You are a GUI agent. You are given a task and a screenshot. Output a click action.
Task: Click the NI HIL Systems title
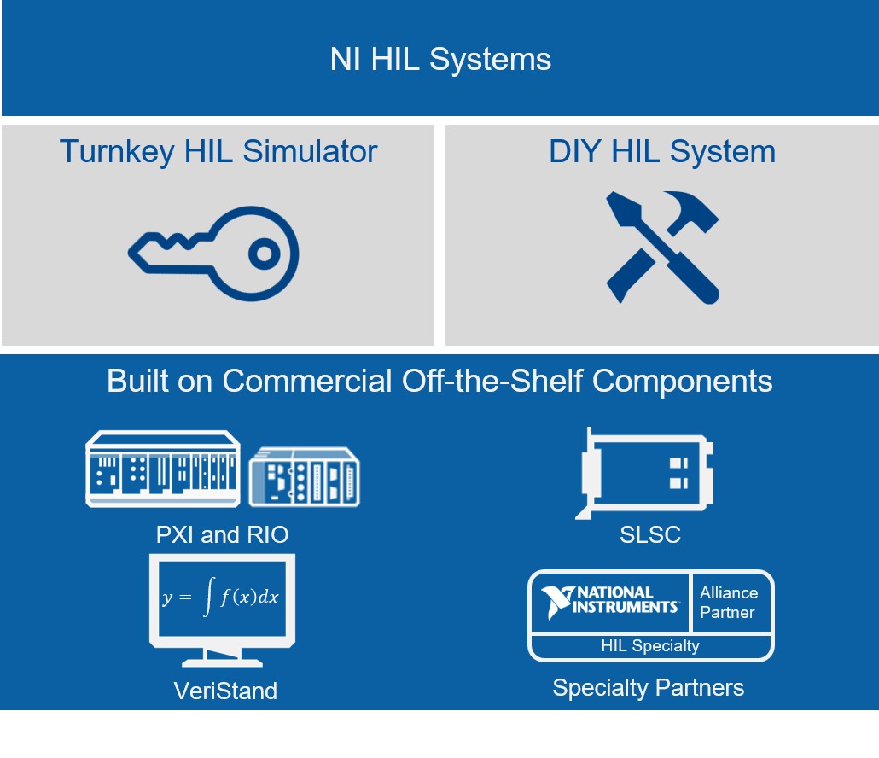click(440, 60)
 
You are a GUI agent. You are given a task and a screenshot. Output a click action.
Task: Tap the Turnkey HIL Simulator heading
click(218, 151)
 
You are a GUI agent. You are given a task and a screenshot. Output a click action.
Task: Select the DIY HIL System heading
click(662, 151)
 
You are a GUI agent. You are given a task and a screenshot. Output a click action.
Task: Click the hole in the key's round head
click(264, 254)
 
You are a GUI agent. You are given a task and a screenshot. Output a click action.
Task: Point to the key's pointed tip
click(131, 253)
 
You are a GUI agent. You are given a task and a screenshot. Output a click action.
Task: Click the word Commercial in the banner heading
click(306, 382)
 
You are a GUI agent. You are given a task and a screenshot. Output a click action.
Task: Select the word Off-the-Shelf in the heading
click(492, 382)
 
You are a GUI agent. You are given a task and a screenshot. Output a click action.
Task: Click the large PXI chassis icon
click(162, 469)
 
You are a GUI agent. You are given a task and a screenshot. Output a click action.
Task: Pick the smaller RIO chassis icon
click(304, 477)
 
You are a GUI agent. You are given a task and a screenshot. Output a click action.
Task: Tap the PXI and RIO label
click(222, 535)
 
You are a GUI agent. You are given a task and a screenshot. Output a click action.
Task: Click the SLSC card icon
click(644, 473)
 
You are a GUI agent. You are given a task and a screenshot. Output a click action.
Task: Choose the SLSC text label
click(650, 535)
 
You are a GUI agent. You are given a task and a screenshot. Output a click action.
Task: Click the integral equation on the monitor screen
click(221, 597)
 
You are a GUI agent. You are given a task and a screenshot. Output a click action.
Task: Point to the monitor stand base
click(222, 662)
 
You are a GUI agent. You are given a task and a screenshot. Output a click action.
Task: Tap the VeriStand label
click(225, 691)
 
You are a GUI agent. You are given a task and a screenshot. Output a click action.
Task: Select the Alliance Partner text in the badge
click(728, 603)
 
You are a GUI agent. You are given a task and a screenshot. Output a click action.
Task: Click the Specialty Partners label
click(648, 688)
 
